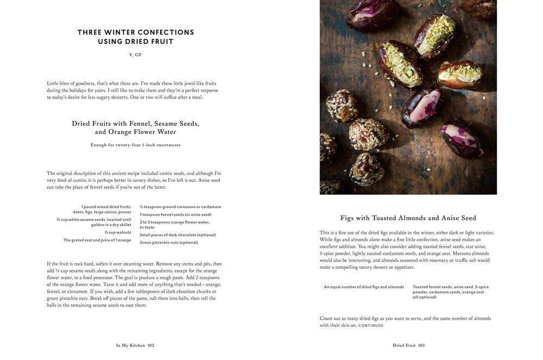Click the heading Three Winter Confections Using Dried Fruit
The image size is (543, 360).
(135, 37)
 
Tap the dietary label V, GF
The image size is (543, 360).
(135, 55)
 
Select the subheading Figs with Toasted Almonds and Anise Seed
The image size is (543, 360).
(408, 218)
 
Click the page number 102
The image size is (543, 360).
(151, 345)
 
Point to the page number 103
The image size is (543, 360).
(421, 345)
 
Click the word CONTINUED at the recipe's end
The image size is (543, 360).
(370, 326)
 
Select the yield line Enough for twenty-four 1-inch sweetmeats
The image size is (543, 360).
(135, 145)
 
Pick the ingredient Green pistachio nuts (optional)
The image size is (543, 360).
(169, 243)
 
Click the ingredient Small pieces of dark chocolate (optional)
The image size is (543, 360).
(178, 235)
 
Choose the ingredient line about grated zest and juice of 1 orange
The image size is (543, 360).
(97, 240)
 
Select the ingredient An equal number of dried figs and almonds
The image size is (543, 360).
(364, 287)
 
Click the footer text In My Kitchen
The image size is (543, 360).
(130, 345)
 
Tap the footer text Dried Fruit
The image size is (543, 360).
(404, 345)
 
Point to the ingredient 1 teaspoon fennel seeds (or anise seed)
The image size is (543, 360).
(175, 214)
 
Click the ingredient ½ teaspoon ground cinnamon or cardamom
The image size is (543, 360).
(180, 207)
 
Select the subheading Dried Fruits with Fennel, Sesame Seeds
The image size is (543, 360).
(135, 124)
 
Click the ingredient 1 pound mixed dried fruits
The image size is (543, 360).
(106, 207)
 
